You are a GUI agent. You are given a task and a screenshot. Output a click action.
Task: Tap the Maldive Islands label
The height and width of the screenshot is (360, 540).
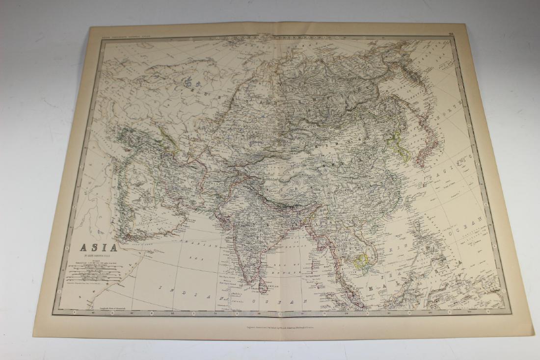224,294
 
